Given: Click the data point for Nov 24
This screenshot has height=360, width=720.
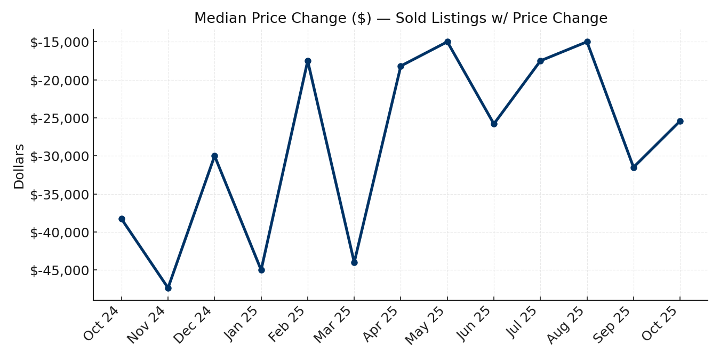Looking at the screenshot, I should (x=168, y=288).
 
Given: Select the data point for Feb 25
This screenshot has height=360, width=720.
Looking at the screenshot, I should (x=308, y=61).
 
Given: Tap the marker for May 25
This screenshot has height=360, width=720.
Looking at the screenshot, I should (x=447, y=42).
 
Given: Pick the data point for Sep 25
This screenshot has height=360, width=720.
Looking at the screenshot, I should (x=634, y=167).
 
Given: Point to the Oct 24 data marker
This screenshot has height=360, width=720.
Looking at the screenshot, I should (x=122, y=219).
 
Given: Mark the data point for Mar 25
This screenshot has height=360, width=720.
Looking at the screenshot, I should (x=354, y=262).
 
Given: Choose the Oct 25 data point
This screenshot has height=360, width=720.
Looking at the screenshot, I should (x=680, y=121).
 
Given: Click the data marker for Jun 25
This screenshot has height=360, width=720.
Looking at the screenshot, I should (x=494, y=124).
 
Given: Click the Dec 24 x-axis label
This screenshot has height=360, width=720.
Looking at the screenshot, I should (x=195, y=325).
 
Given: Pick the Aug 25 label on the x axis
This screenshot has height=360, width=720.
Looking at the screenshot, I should (x=567, y=325).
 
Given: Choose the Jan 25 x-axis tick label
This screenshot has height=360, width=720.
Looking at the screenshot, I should (x=243, y=324).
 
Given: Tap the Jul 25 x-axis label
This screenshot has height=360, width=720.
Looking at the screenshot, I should (x=523, y=323).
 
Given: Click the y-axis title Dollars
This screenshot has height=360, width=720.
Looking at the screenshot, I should (x=19, y=166).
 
